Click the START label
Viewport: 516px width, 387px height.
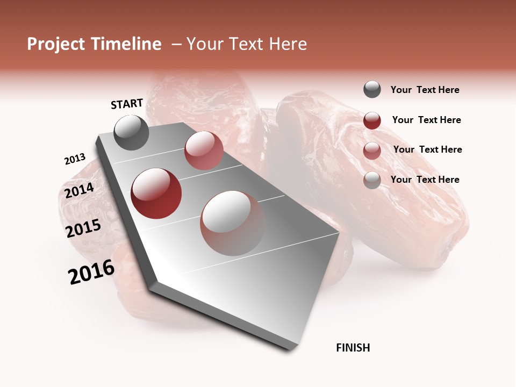[x=127, y=104]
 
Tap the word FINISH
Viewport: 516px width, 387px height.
[x=353, y=348]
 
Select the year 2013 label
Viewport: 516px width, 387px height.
[x=75, y=159]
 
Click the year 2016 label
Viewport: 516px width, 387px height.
[x=91, y=272]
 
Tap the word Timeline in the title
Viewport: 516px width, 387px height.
[x=126, y=44]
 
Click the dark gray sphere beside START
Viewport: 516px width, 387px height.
[x=131, y=132]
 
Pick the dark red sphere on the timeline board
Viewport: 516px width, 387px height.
[x=156, y=193]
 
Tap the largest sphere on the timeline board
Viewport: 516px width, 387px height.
[x=232, y=223]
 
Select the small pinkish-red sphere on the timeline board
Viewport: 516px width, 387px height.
[x=204, y=150]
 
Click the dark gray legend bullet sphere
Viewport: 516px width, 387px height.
[x=372, y=89]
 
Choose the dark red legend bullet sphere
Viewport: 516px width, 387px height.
[x=372, y=120]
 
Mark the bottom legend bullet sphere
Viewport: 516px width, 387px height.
[x=372, y=180]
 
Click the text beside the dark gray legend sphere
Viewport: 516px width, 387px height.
[x=425, y=90]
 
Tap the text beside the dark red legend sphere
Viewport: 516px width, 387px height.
[x=426, y=120]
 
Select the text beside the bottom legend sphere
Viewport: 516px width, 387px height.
[x=425, y=180]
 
